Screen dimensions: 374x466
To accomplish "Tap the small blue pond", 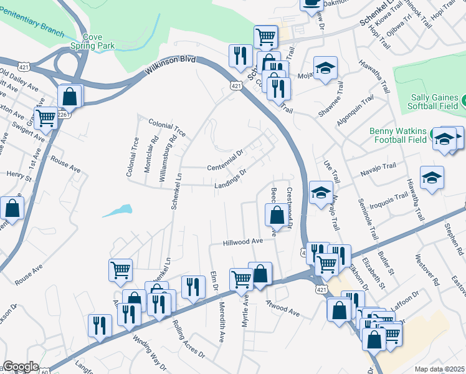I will point(118,210).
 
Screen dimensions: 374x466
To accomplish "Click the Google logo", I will point(21,367).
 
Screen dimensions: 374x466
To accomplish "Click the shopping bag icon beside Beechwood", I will point(276,216).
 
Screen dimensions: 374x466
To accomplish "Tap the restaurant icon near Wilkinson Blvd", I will point(239,56).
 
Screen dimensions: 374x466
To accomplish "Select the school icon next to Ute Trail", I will point(321,192).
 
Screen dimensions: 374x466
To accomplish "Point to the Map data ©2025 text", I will point(440,369).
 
